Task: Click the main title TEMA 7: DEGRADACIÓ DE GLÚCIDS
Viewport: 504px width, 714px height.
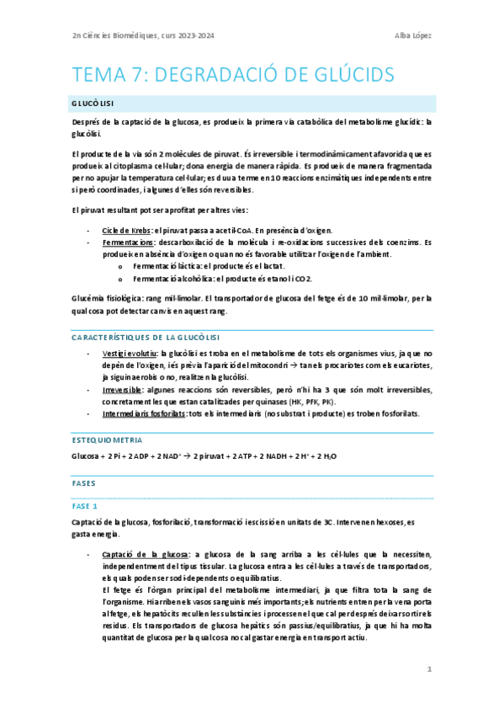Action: click(235, 74)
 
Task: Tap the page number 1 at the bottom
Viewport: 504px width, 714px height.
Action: click(429, 669)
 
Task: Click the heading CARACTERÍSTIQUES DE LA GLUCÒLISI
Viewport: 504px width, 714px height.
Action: click(146, 338)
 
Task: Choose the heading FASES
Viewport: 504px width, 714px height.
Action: click(84, 484)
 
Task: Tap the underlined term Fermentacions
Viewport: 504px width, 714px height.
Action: click(127, 242)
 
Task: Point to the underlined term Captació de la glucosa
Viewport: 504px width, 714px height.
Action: click(145, 555)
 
